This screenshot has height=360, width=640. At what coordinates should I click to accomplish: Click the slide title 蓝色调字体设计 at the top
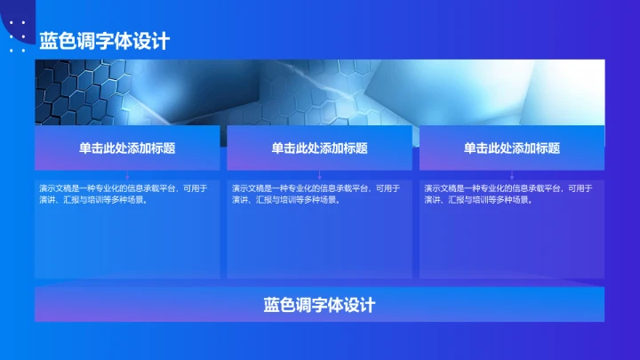coord(104,41)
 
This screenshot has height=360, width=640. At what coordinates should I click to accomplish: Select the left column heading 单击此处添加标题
coord(127,148)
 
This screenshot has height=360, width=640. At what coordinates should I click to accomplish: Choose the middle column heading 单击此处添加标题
coord(319,148)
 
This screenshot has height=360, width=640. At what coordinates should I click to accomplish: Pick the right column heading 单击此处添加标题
coord(512,148)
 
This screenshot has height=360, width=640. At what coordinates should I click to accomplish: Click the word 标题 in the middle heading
coord(356,148)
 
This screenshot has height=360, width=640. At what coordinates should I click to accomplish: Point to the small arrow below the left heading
coord(127,176)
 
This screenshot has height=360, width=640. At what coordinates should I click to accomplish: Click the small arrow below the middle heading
coord(319,176)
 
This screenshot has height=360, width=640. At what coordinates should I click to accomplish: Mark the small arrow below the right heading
coord(512,176)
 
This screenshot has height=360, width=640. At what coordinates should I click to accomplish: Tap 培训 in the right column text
coord(480,200)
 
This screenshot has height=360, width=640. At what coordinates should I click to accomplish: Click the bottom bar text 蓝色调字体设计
coord(319,305)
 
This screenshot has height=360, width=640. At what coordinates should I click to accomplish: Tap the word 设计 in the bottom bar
coord(364,305)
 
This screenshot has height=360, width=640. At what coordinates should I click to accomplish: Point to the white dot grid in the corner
coord(17,36)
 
